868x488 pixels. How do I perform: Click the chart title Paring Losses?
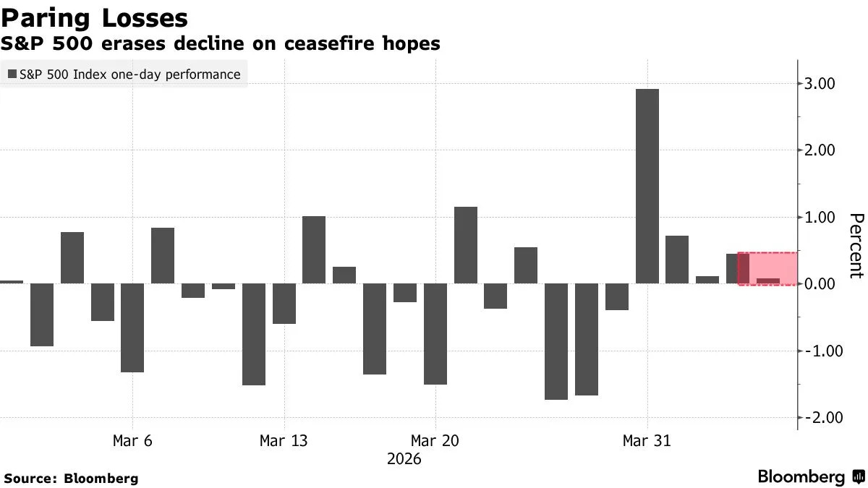(x=97, y=17)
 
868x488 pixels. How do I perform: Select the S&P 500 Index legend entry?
(x=124, y=74)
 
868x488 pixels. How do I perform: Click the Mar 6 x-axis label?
(x=132, y=441)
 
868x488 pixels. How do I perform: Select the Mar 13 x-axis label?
(x=284, y=441)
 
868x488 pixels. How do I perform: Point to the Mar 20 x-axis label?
(x=435, y=441)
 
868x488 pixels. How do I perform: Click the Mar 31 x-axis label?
(x=647, y=441)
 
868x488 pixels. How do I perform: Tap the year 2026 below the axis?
(x=404, y=459)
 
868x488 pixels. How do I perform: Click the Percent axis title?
(x=856, y=246)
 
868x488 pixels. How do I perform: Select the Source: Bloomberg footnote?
(x=71, y=478)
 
